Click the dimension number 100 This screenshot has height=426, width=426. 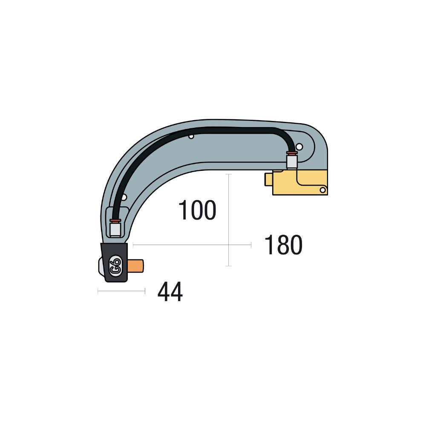197,210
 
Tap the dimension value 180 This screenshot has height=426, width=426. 283,245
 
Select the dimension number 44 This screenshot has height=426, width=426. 170,293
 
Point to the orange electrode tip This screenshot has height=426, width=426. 135,267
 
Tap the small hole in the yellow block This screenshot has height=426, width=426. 323,189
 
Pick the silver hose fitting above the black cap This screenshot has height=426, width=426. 115,230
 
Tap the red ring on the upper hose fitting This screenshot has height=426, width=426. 291,153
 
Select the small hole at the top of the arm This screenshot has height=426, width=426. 192,137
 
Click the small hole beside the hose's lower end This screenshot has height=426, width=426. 124,197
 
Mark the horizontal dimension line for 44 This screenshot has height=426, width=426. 121,291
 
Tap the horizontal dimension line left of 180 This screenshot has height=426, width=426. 179,245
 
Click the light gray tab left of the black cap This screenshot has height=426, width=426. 100,268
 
